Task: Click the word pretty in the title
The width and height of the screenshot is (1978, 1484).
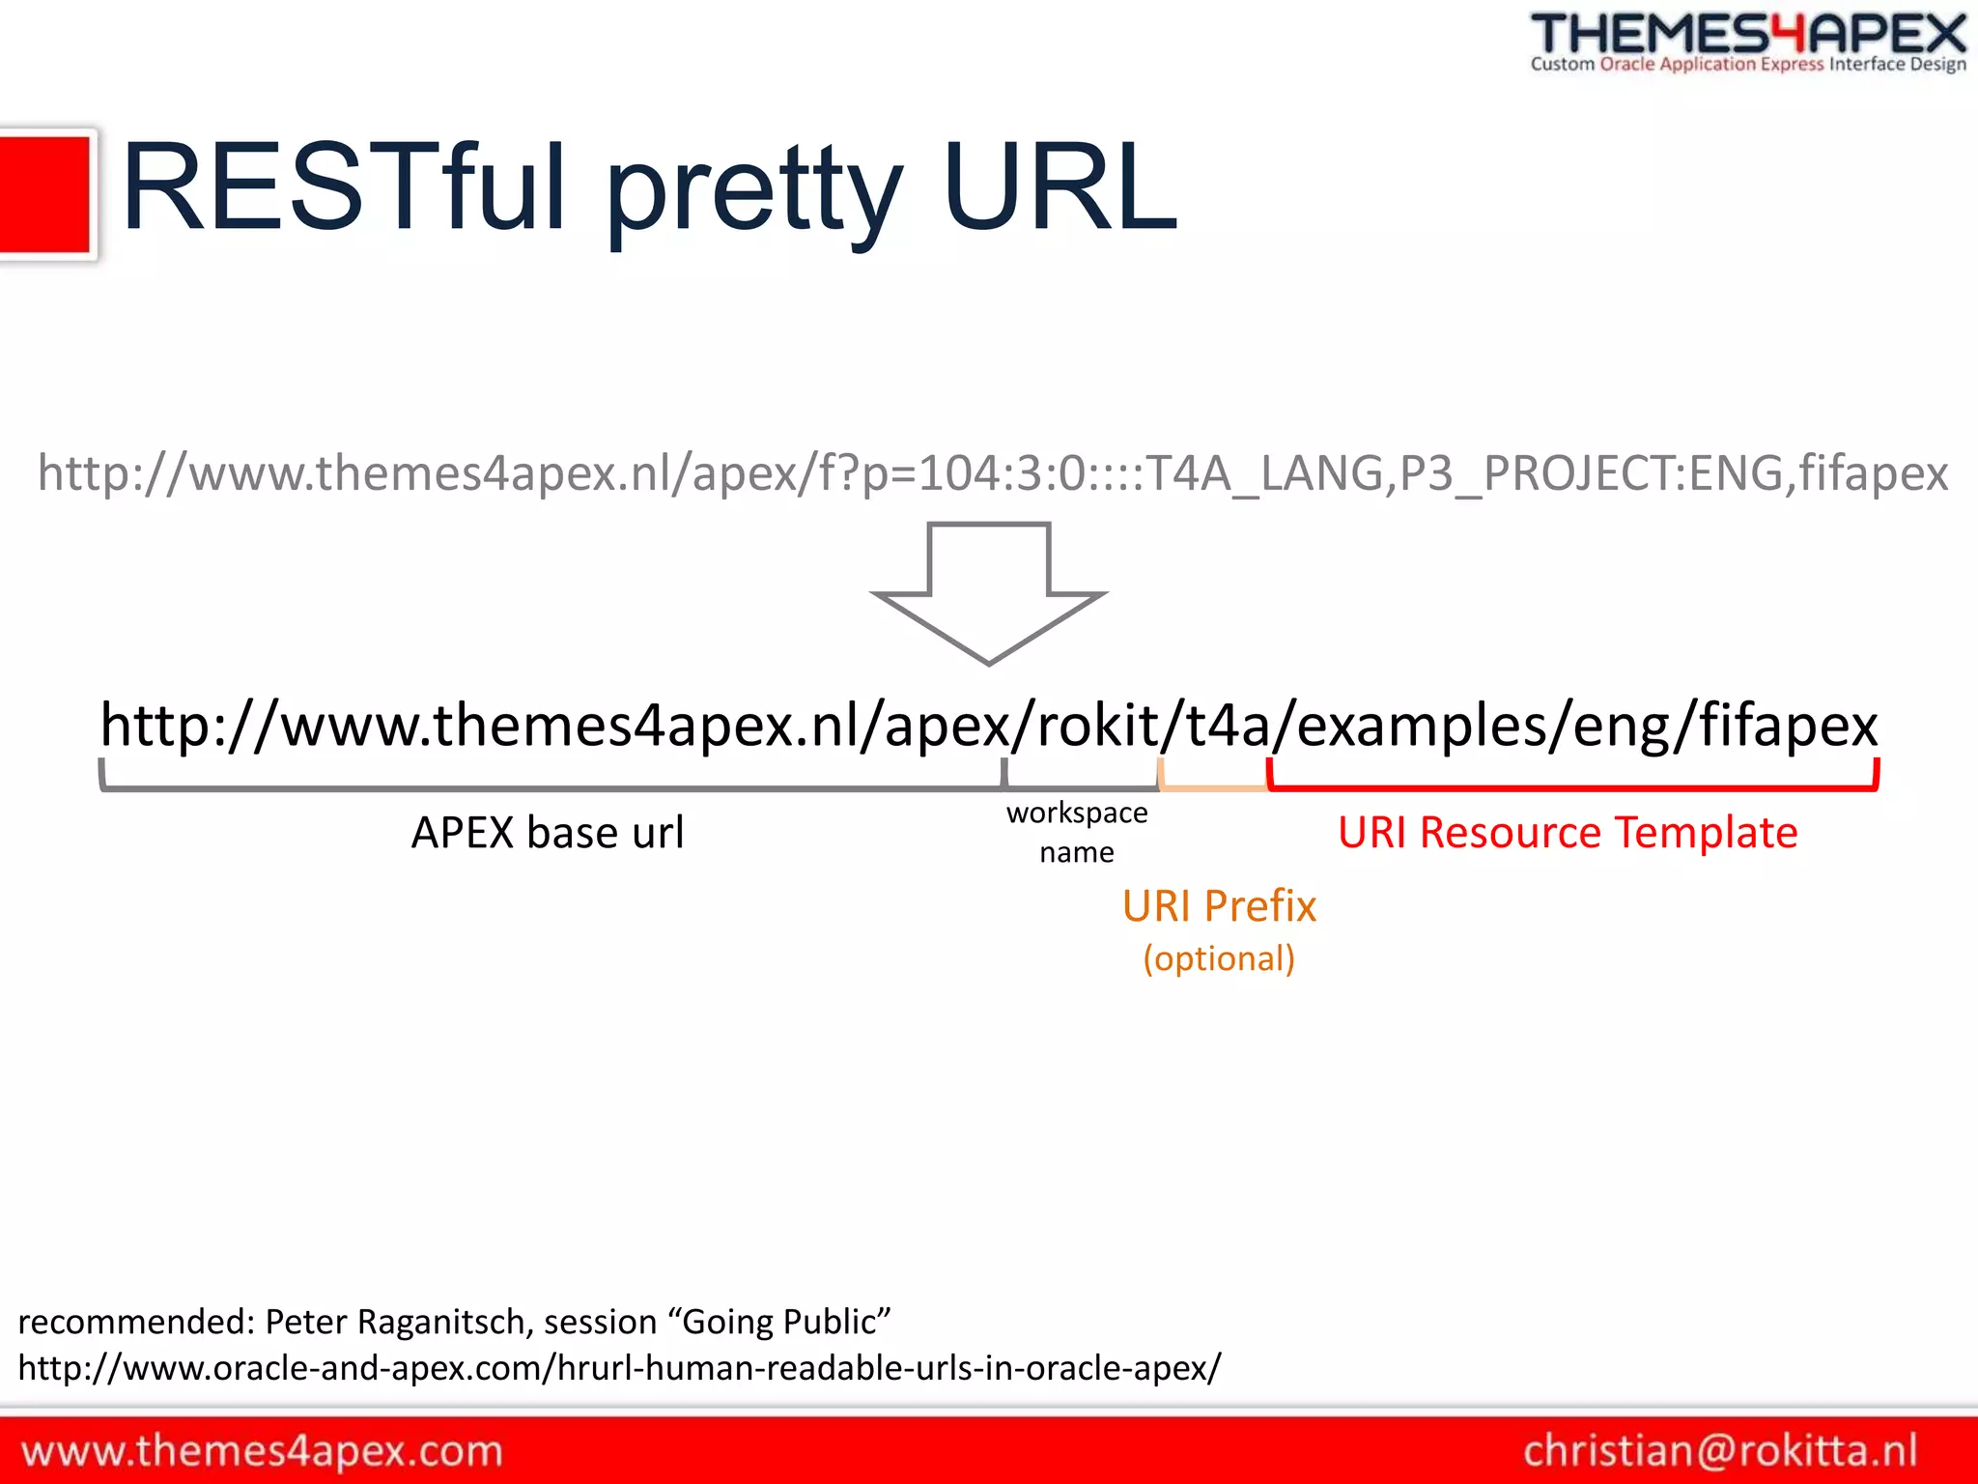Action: click(x=754, y=193)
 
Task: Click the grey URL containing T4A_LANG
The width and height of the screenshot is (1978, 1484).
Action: click(x=992, y=473)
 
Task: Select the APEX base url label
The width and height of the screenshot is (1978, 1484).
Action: click(x=548, y=833)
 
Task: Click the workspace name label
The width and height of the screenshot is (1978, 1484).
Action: click(x=1077, y=832)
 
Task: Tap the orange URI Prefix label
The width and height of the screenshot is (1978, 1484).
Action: click(x=1219, y=906)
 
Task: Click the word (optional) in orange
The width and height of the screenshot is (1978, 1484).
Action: click(x=1219, y=958)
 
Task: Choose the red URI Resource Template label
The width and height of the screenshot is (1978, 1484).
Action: click(x=1567, y=833)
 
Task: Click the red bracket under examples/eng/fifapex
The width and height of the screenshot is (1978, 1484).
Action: click(x=1572, y=788)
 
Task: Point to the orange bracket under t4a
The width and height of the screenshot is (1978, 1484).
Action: click(x=1213, y=787)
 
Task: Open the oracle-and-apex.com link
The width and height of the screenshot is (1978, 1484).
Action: click(x=619, y=1367)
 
